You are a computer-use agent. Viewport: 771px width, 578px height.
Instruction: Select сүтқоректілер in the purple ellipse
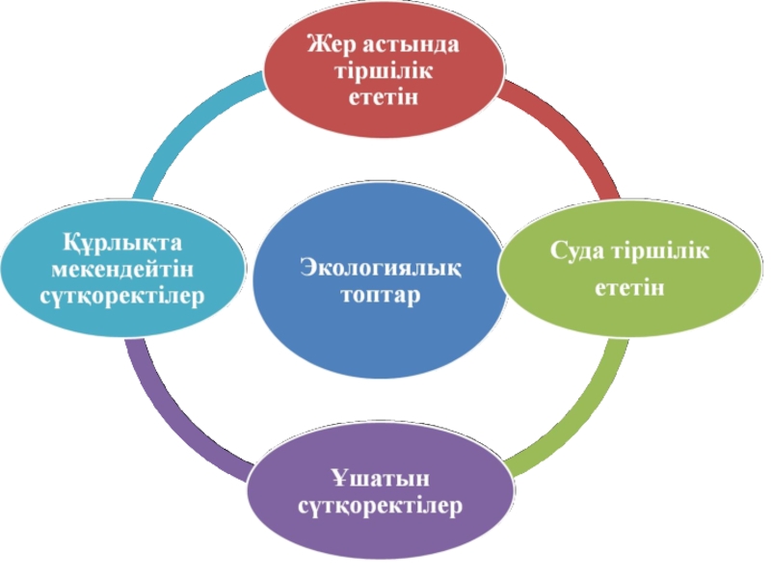click(x=380, y=505)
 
